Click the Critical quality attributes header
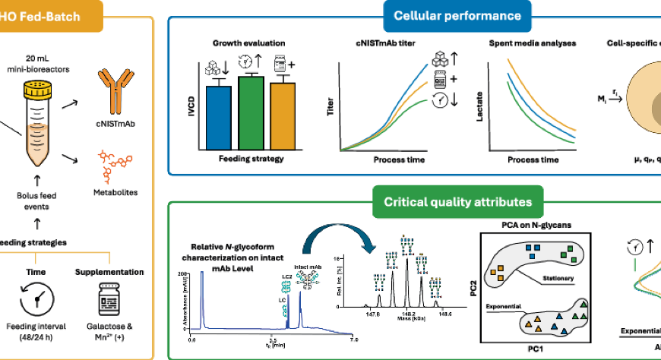(x=452, y=202)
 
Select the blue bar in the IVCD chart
(x=219, y=118)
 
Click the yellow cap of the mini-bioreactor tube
(x=36, y=92)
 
